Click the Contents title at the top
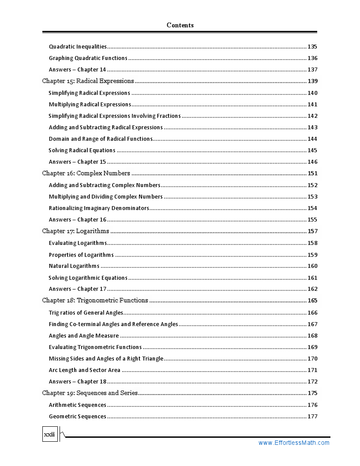[180, 25]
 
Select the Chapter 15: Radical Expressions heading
[88, 81]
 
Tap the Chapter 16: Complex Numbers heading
[86, 173]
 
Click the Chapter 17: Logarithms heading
[75, 231]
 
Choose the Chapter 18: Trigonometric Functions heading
[95, 300]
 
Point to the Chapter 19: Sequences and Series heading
[90, 393]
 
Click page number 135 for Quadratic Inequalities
[312, 46]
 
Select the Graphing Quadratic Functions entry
[88, 58]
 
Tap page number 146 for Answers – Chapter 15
[312, 162]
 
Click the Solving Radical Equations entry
[82, 150]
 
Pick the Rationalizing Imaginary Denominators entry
[99, 208]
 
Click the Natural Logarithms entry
[74, 266]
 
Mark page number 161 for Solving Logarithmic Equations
[312, 278]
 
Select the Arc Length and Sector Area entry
[84, 370]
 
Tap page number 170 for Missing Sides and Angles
[312, 358]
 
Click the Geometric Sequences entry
[77, 416]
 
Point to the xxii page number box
[49, 435]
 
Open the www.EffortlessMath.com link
[294, 443]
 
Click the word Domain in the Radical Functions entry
[59, 139]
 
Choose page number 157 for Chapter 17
[312, 231]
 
